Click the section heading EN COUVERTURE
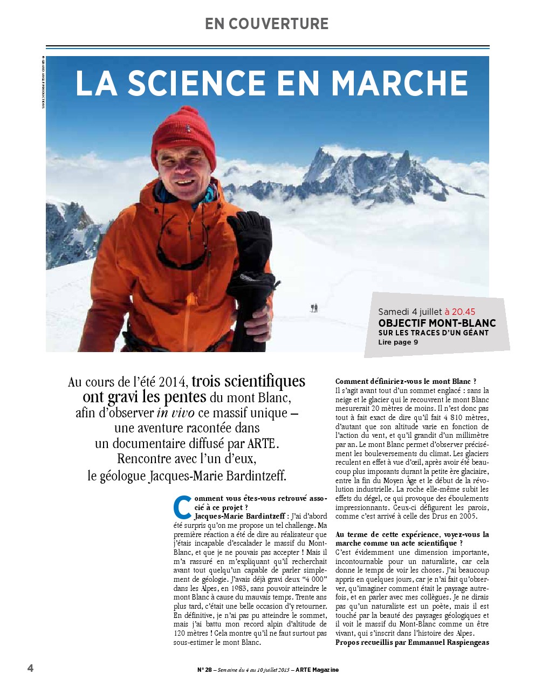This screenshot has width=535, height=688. click(x=266, y=24)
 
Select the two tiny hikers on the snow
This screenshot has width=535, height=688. click(x=314, y=308)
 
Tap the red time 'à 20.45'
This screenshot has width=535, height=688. click(x=459, y=312)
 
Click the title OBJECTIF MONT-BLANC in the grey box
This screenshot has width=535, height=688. click(x=437, y=323)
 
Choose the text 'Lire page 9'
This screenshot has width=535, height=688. click(x=398, y=342)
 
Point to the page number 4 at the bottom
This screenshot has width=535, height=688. click(x=30, y=668)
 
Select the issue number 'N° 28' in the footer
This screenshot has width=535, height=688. click(x=204, y=670)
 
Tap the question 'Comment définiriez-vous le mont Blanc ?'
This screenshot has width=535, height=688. click(x=406, y=381)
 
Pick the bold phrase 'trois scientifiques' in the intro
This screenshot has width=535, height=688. click(x=248, y=381)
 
